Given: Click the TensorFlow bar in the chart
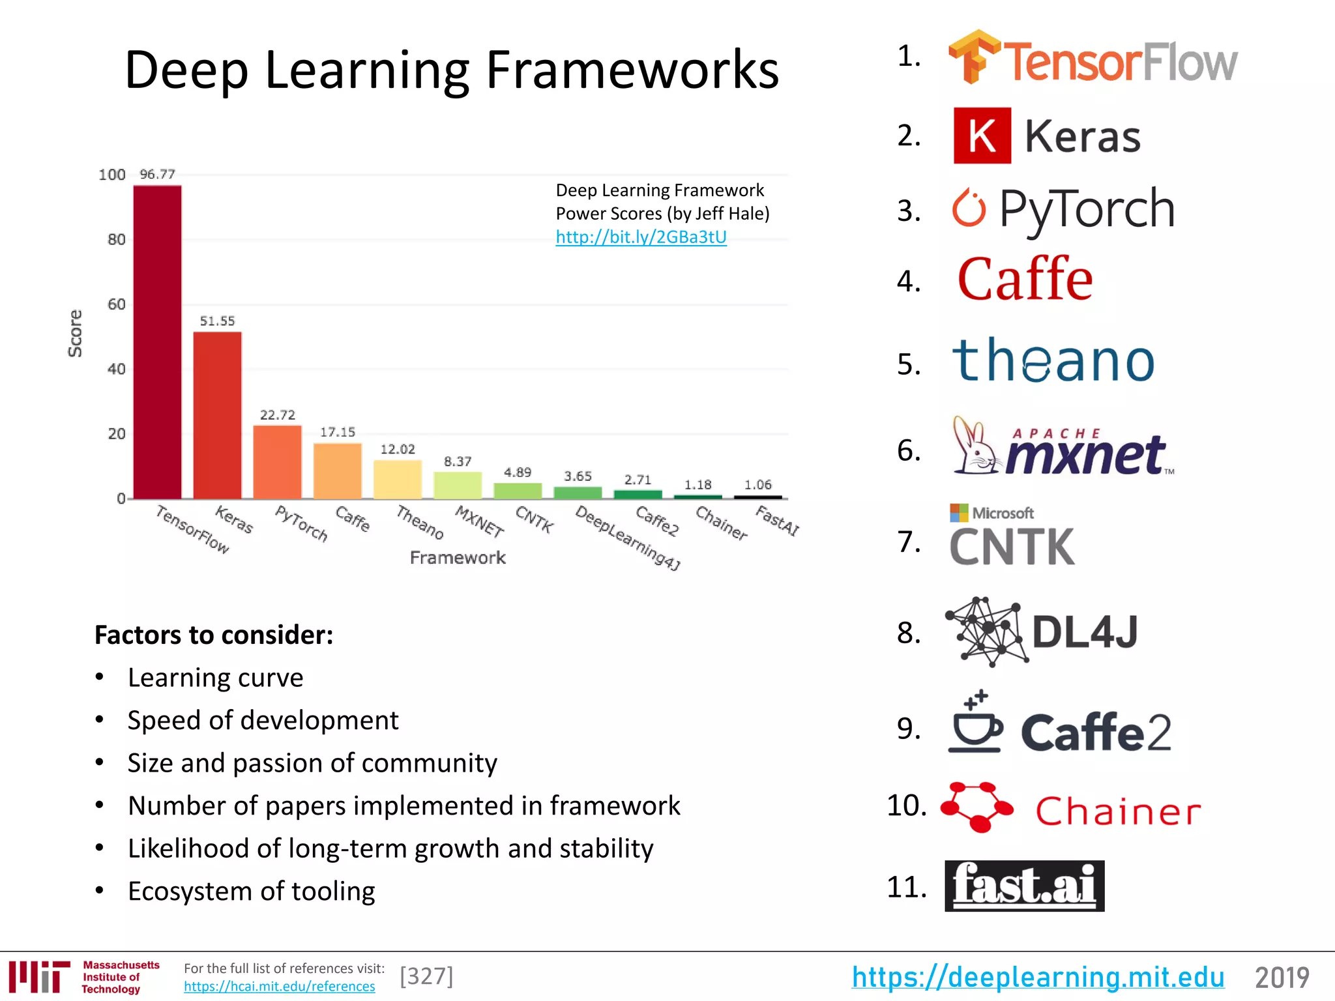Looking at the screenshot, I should [x=158, y=342].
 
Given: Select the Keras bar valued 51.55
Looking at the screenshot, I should [x=218, y=415].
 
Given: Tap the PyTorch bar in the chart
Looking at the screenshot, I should [x=278, y=462].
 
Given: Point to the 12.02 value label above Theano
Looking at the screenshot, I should [x=398, y=449].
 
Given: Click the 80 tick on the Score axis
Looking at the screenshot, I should [x=116, y=239].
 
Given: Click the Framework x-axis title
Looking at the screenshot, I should [x=458, y=558].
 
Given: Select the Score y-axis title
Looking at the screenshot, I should [x=76, y=333].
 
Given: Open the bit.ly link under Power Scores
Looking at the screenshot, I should [x=641, y=237].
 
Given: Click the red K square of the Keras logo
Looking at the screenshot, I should [x=982, y=136].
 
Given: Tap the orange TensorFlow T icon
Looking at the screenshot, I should [x=974, y=57].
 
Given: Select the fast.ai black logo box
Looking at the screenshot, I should [x=1024, y=886].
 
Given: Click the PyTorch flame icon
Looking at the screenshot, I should [x=969, y=209].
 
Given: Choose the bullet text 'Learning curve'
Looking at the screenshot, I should [x=215, y=678].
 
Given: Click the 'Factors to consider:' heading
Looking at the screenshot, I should [x=214, y=635].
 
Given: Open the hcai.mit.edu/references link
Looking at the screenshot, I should [x=279, y=986].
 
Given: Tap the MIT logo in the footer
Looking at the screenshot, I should [x=40, y=976].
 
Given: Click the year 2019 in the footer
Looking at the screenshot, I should [x=1282, y=978].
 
